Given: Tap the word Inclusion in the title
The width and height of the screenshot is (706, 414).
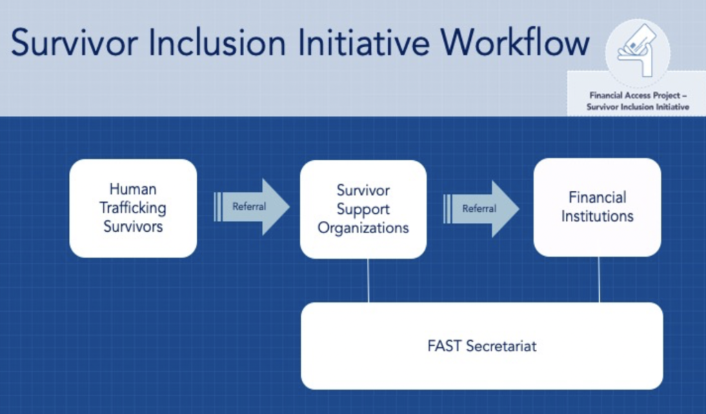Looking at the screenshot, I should [225, 43].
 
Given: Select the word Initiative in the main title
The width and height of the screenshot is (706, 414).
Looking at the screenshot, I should [369, 43].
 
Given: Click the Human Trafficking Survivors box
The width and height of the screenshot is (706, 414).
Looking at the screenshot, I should [133, 208].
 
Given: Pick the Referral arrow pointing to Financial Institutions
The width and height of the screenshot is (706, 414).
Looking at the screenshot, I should [481, 208].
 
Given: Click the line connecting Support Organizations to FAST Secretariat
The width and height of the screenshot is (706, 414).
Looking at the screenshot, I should [369, 281].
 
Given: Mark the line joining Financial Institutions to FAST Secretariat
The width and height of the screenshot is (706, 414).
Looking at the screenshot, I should [599, 280].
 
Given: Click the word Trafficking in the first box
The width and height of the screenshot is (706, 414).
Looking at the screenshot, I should [133, 208].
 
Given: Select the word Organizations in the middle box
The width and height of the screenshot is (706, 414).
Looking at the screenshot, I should [363, 228].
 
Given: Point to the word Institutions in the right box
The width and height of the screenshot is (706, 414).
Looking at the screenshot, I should [597, 216].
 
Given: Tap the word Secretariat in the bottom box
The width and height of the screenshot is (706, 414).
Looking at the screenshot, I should [501, 346].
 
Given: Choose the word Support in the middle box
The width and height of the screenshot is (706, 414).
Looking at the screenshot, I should [363, 209].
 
